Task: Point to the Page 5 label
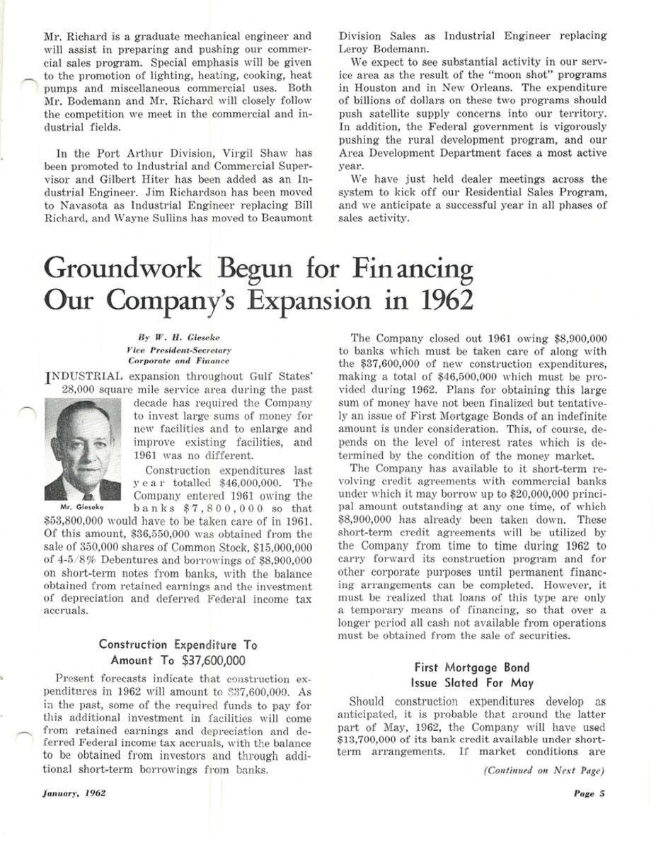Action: coord(589,793)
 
